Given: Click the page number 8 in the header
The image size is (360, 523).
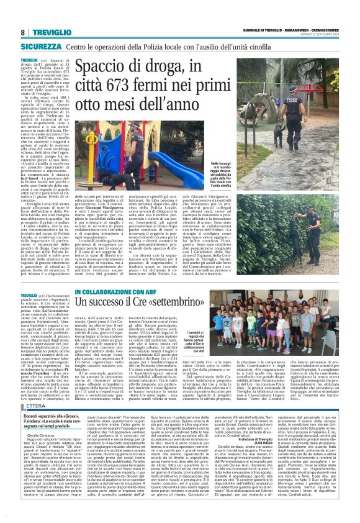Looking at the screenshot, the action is click(x=22, y=32).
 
